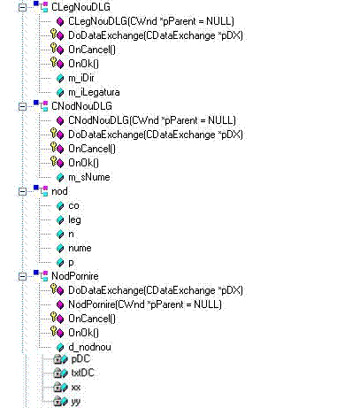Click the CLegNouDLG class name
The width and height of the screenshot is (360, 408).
[80, 7]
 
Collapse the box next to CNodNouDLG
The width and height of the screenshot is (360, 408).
[22, 106]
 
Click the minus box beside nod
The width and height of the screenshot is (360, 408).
[22, 191]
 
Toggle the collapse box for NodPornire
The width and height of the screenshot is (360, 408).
[22, 276]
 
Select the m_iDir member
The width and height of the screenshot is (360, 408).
[81, 78]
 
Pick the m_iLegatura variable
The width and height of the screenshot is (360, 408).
[94, 92]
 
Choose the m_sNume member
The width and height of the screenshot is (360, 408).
[89, 177]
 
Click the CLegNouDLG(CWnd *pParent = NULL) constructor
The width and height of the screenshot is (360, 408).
[151, 21]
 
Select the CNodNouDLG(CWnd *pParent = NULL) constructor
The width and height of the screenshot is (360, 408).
[152, 120]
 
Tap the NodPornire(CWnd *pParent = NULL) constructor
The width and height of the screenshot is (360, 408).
[145, 304]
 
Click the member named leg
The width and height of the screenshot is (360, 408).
[74, 220]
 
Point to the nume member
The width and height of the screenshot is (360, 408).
[80, 248]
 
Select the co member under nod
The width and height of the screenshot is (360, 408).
[73, 205]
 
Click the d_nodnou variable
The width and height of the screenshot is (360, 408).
[89, 347]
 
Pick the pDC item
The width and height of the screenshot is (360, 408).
[80, 359]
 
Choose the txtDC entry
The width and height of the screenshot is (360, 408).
[82, 373]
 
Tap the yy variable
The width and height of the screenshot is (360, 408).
[76, 402]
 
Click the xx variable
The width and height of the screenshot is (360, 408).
[76, 387]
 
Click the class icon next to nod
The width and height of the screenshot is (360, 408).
[41, 190]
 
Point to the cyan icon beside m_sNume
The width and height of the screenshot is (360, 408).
[60, 177]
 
